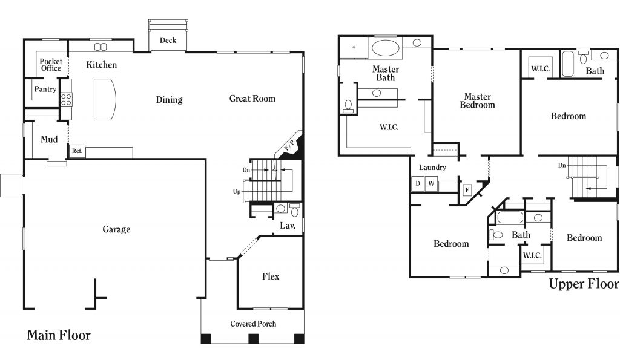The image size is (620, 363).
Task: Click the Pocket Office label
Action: [51, 65]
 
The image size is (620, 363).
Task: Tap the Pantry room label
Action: [45, 90]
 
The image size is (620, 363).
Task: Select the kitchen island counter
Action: [105, 99]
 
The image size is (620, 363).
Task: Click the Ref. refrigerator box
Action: [77, 151]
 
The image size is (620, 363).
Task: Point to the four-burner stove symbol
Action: [66, 99]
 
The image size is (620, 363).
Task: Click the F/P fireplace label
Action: [289, 145]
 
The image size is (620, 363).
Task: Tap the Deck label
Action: [168, 40]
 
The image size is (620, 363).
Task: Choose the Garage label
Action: [116, 229]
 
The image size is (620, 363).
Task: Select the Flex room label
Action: [271, 276]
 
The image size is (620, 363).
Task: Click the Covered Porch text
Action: [253, 324]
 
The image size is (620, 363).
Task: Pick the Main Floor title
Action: [59, 335]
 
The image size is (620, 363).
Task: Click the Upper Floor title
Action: [584, 284]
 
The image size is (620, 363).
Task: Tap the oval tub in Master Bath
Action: [386, 48]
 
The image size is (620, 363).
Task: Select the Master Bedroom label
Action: [477, 100]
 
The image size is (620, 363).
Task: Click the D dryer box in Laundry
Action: [418, 184]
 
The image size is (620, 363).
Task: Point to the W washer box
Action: [431, 184]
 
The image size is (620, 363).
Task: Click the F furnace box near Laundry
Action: [467, 190]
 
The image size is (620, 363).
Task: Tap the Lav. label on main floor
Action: [288, 226]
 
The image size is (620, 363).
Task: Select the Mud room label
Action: [49, 139]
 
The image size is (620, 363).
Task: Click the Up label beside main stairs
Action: [237, 192]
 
